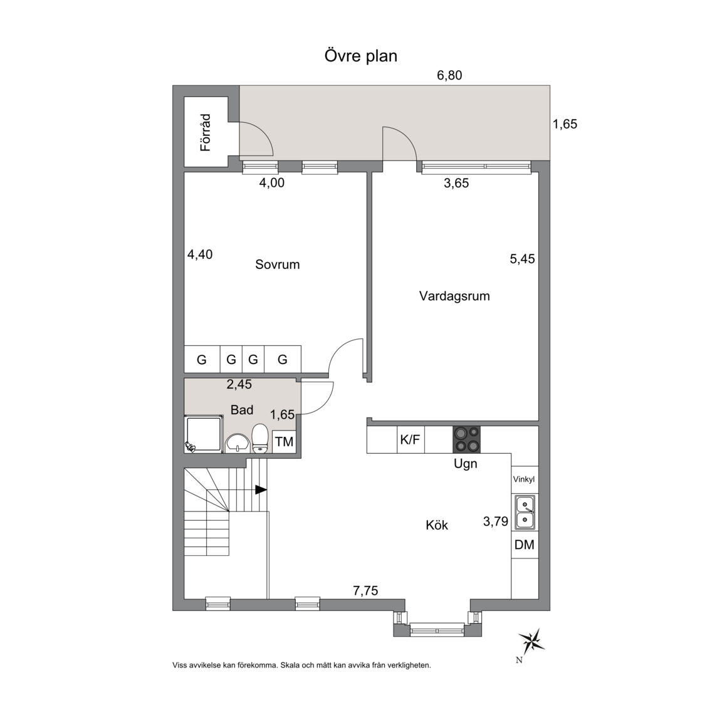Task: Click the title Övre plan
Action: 360,56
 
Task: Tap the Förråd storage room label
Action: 206,133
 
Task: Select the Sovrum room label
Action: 277,264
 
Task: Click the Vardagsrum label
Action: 454,296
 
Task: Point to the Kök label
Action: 436,525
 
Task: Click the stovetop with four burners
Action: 466,440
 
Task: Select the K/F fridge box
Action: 411,440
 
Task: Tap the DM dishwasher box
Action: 525,545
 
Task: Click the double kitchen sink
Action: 525,513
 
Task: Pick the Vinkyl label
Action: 524,479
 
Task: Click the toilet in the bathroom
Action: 260,438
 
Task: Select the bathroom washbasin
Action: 238,444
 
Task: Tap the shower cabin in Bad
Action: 204,434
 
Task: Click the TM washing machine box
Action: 284,442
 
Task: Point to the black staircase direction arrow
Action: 261,489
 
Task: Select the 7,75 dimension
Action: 365,590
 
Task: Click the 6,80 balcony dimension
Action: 449,75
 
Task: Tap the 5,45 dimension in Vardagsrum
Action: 522,259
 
